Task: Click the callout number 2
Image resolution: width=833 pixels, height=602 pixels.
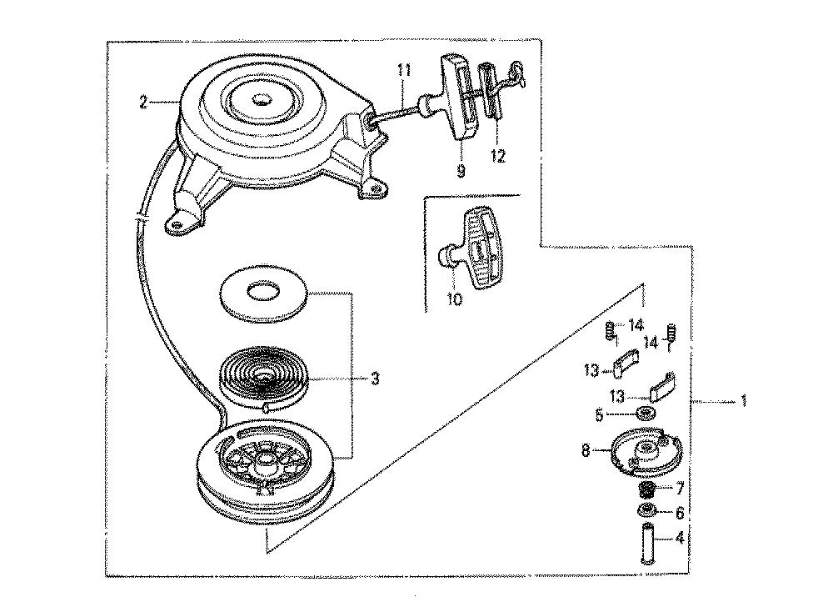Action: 142,102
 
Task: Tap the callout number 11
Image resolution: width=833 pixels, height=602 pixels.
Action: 404,70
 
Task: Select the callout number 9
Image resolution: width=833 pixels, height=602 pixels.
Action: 461,171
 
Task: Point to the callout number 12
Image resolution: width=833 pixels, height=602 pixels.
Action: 498,156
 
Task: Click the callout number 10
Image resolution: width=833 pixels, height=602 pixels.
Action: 455,299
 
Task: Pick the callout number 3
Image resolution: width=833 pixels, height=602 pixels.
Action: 375,379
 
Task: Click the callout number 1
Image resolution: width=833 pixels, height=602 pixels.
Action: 744,400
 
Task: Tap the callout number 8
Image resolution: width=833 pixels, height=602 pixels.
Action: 586,451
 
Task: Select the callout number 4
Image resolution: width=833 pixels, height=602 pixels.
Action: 680,538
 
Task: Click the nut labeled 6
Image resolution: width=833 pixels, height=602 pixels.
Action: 646,510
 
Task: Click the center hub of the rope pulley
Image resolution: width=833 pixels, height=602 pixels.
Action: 264,464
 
